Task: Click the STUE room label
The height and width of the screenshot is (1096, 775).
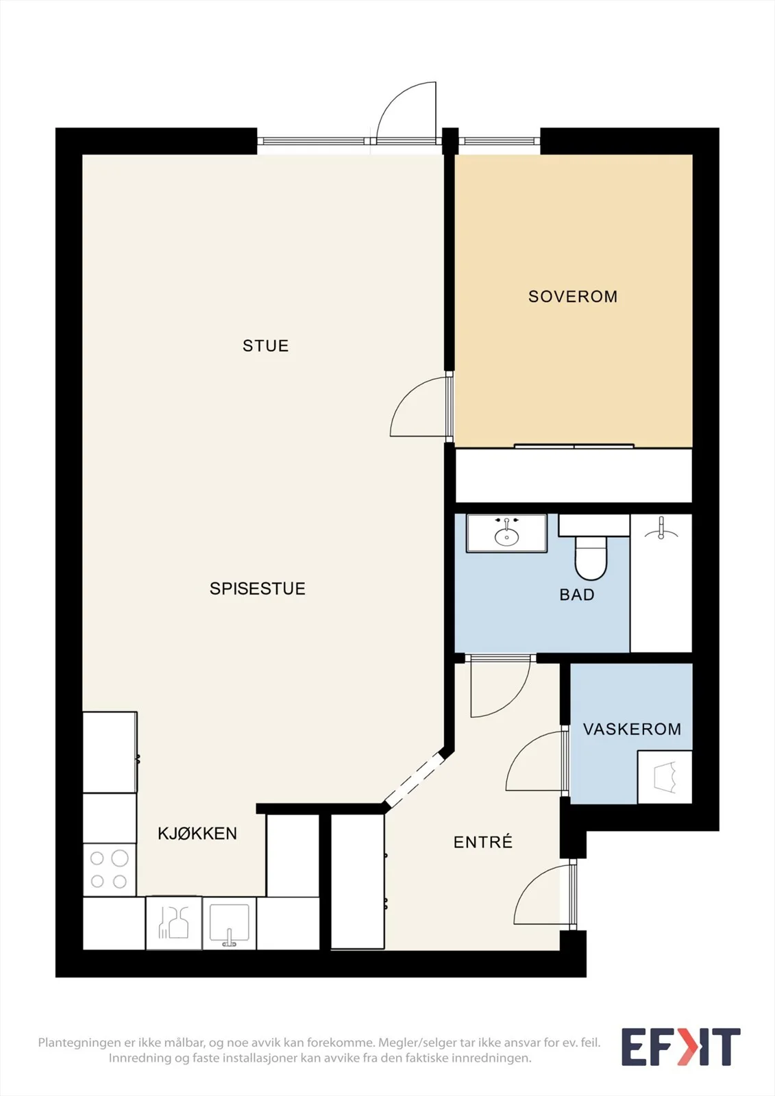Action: pyautogui.click(x=265, y=346)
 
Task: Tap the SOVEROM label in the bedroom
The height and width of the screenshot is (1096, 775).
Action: pyautogui.click(x=573, y=297)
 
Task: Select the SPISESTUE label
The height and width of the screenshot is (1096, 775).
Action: pyautogui.click(x=258, y=588)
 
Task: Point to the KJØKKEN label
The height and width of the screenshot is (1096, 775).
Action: pyautogui.click(x=197, y=833)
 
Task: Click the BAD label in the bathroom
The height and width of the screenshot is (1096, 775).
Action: pyautogui.click(x=577, y=595)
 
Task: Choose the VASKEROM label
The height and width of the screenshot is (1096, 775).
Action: pyautogui.click(x=632, y=729)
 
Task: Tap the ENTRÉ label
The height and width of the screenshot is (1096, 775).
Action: pyautogui.click(x=482, y=842)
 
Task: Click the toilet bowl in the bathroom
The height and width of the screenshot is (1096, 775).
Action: pyautogui.click(x=591, y=558)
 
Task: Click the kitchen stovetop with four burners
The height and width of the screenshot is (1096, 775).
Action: pyautogui.click(x=109, y=870)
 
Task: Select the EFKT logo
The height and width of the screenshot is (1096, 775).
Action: pyautogui.click(x=680, y=1047)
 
